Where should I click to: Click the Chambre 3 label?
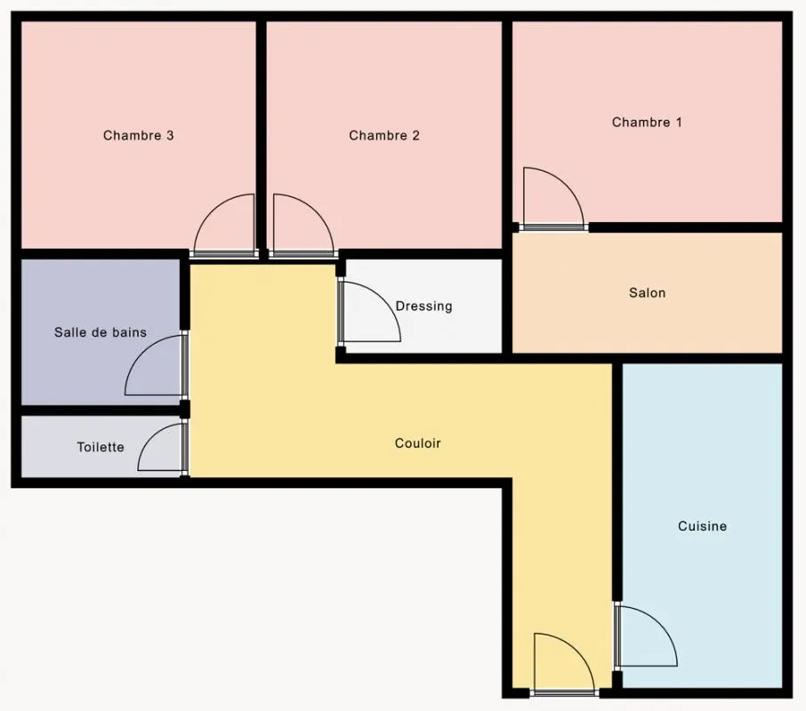pyautogui.click(x=138, y=135)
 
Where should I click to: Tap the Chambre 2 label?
pyautogui.click(x=384, y=135)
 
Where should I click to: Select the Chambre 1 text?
pyautogui.click(x=647, y=122)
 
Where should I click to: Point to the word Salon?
pyautogui.click(x=647, y=292)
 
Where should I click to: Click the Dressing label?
pyautogui.click(x=424, y=307)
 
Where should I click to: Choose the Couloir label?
pyautogui.click(x=417, y=443)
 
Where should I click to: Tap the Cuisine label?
pyautogui.click(x=702, y=526)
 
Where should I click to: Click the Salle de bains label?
pyautogui.click(x=101, y=332)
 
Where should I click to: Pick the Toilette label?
pyautogui.click(x=101, y=447)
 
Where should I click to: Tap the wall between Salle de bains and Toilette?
pyautogui.click(x=101, y=411)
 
